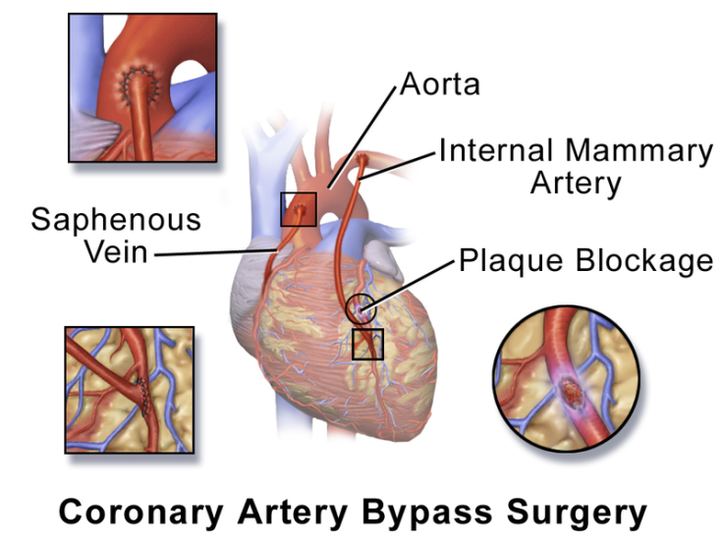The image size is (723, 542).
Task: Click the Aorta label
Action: (x=440, y=84)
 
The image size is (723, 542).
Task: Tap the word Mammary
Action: (x=640, y=151)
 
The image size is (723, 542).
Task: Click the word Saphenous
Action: (x=116, y=220)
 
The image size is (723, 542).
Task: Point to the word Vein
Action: (x=116, y=251)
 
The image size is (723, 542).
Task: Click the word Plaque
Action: (x=511, y=261)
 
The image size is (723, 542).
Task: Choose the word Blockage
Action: (x=644, y=261)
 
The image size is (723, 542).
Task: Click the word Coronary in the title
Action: (x=141, y=513)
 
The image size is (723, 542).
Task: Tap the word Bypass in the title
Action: (x=426, y=513)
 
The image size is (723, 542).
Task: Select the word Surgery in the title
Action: (x=577, y=513)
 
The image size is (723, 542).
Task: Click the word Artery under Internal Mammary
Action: (x=576, y=185)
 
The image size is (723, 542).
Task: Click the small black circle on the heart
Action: (x=361, y=308)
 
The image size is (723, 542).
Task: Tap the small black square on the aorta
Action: (x=299, y=209)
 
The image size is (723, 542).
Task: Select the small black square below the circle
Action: (x=368, y=345)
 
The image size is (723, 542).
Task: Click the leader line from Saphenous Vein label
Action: (x=215, y=252)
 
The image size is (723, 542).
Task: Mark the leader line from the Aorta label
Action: (x=362, y=136)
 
